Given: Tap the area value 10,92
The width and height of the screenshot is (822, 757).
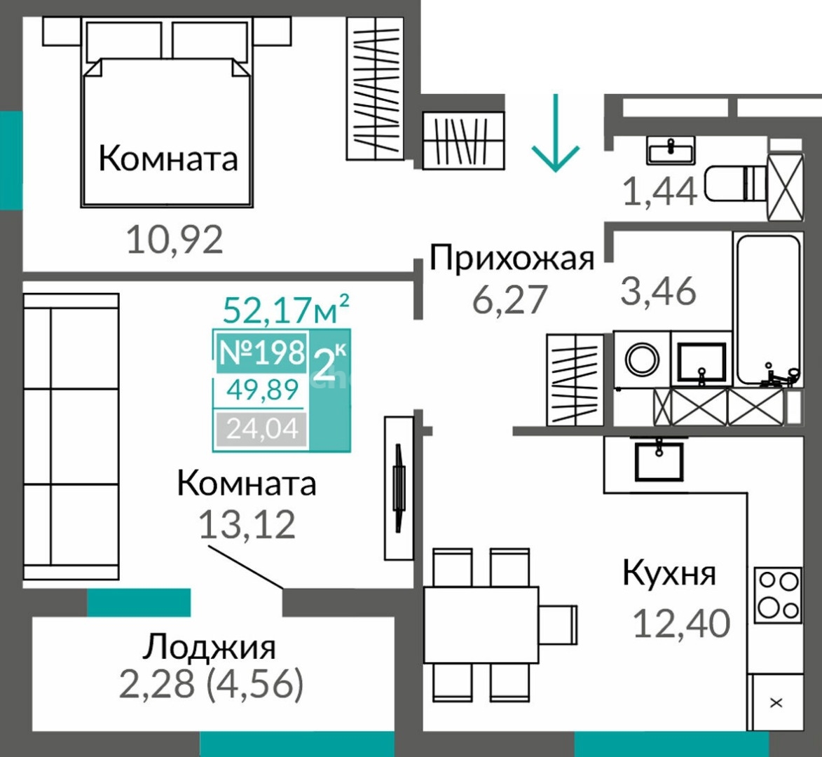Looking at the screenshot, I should pyautogui.click(x=174, y=240).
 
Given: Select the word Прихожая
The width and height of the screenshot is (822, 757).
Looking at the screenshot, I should pyautogui.click(x=511, y=258).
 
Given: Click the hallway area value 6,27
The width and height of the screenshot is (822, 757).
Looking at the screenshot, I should pyautogui.click(x=509, y=299).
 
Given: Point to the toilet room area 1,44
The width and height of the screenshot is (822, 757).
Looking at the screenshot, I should pyautogui.click(x=659, y=191).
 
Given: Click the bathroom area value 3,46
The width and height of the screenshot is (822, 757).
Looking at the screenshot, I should pyautogui.click(x=658, y=290).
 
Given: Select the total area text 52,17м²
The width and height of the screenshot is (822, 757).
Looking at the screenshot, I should pyautogui.click(x=286, y=309).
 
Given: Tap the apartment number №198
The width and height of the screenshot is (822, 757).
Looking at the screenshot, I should pyautogui.click(x=261, y=353).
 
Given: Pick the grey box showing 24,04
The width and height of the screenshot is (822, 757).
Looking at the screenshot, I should pyautogui.click(x=261, y=428).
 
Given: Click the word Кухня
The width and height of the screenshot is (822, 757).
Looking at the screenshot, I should pyautogui.click(x=669, y=574).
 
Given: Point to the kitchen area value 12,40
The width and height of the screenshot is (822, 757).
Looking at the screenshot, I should pyautogui.click(x=681, y=623).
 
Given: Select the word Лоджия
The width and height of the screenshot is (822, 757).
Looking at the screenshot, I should pyautogui.click(x=209, y=648).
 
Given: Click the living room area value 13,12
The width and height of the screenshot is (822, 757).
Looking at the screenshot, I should pyautogui.click(x=247, y=524).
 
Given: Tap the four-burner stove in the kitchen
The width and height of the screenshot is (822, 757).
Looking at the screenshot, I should pyautogui.click(x=777, y=594).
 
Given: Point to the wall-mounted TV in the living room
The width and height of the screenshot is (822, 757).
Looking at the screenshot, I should pyautogui.click(x=399, y=488).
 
